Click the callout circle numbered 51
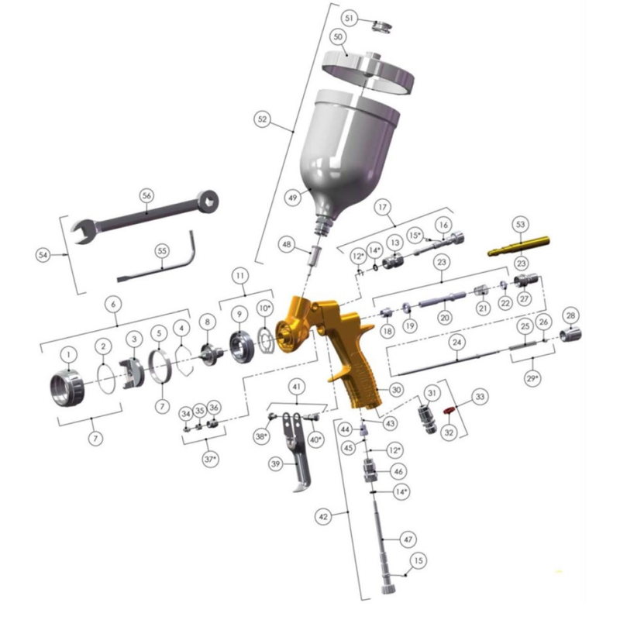350,18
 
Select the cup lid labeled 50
367,73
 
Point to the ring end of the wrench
207,201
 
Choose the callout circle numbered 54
43,255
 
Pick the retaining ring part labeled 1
67,387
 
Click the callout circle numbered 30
396,390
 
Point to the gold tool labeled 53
518,246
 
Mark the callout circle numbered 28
570,315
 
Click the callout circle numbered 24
456,342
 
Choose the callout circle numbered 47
408,539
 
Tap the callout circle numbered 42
323,516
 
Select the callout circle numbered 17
382,207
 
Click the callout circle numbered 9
239,314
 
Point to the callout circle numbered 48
287,244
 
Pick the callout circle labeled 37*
210,459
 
